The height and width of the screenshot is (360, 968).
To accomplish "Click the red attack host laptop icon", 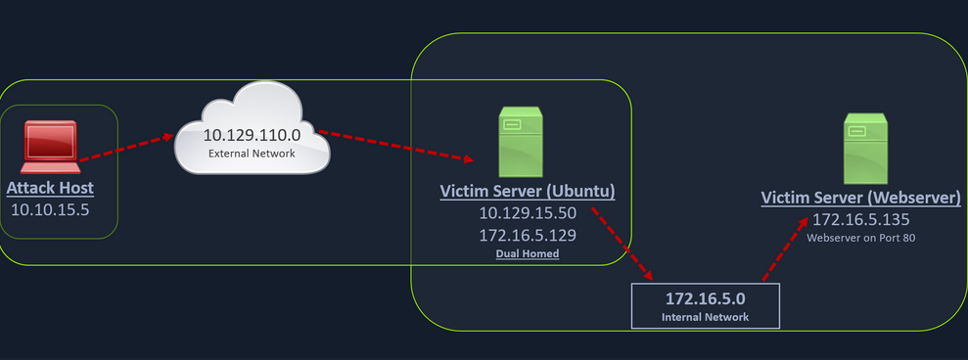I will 50,146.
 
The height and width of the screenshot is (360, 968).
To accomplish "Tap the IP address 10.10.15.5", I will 50,208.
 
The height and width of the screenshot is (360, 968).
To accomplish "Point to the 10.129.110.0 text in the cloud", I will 252,134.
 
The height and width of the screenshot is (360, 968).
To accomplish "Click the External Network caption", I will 252,155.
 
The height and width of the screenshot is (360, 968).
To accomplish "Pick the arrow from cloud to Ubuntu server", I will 396,145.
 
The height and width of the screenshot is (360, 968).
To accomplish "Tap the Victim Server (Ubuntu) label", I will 528,191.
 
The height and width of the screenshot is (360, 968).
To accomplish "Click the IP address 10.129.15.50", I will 528,213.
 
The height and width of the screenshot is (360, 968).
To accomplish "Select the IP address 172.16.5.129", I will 528,235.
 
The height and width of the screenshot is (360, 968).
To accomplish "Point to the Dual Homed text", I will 527,254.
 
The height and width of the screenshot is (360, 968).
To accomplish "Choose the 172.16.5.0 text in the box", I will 706,297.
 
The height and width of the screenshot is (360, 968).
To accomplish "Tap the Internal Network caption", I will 706,316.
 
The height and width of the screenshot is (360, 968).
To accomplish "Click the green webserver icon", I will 865,144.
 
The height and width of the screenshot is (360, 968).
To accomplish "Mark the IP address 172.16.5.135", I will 861,218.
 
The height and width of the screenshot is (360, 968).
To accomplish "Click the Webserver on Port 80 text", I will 861,238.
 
